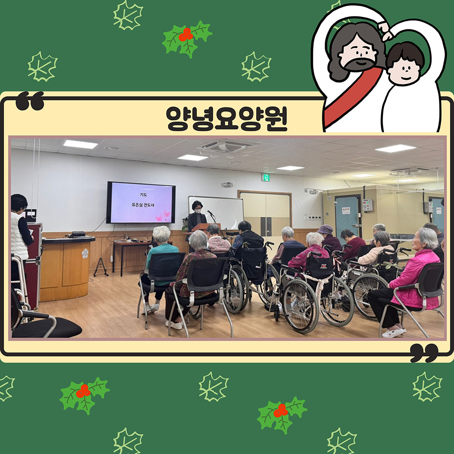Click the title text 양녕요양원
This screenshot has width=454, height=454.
pyautogui.click(x=227, y=118)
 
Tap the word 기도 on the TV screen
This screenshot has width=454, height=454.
pyautogui.click(x=143, y=195)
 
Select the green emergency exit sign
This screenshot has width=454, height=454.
pyautogui.click(x=265, y=177)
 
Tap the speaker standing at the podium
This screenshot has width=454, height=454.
pyautogui.click(x=197, y=216)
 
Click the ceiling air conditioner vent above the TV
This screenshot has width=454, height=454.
pyautogui.click(x=226, y=146)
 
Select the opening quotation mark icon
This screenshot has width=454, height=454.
pyautogui.click(x=30, y=101)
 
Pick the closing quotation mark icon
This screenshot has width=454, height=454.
pyautogui.click(x=424, y=353)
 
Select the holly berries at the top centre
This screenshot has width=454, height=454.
pyautogui.click(x=186, y=35)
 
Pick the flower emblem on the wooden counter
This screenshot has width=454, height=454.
pyautogui.click(x=85, y=253)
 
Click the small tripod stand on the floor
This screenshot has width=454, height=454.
pyautogui.click(x=101, y=267)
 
